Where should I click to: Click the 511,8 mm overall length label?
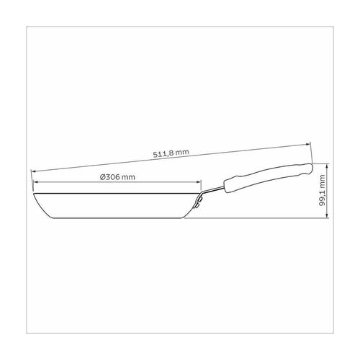click(171, 153)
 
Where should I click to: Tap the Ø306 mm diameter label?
click(117, 177)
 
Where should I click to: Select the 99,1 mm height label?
click(322, 190)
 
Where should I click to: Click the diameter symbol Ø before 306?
click(102, 177)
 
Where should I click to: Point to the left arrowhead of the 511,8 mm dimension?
click(33, 171)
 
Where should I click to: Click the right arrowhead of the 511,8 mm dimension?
click(309, 144)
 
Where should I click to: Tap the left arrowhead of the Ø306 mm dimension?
click(35, 182)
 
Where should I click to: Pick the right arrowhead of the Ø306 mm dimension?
click(199, 182)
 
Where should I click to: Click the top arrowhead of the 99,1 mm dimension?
click(327, 166)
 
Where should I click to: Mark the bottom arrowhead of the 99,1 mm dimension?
click(327, 216)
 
